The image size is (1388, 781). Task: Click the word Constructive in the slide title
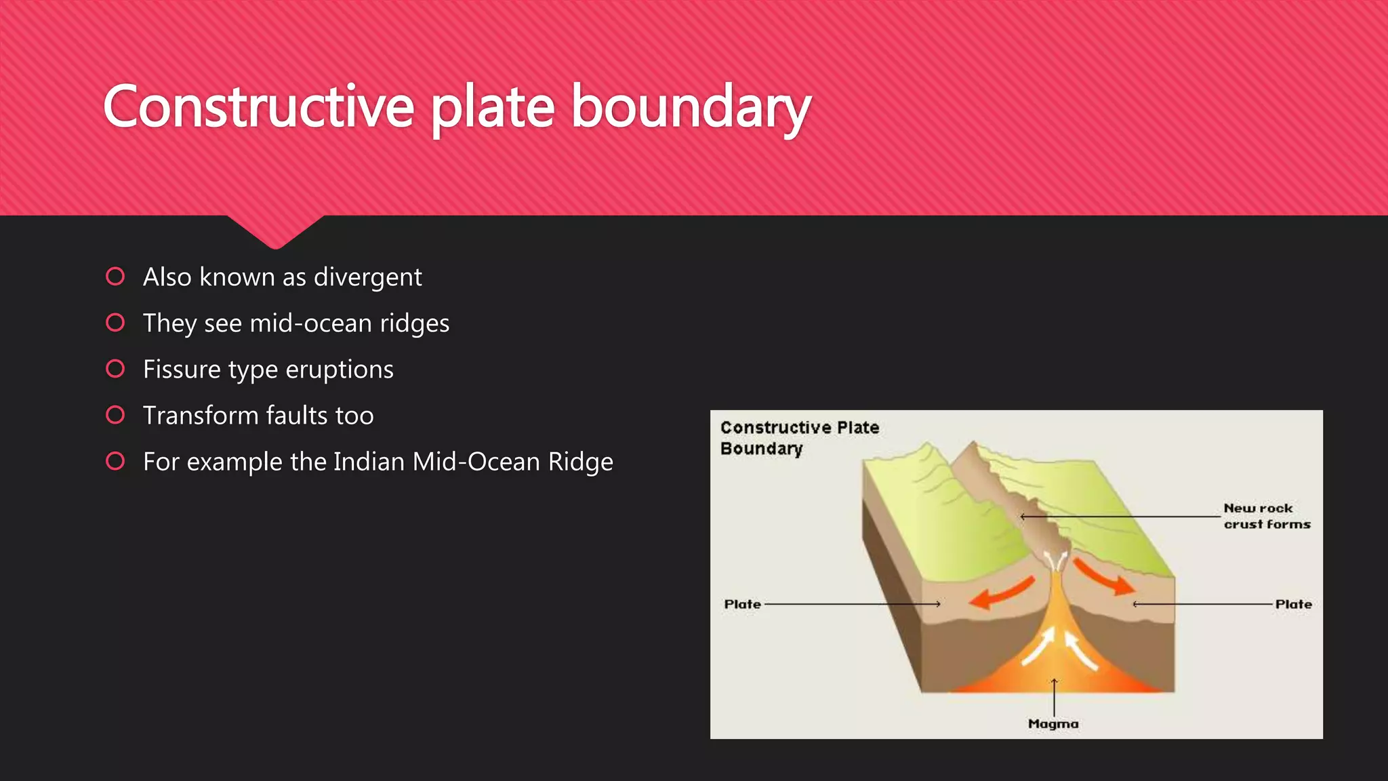258,106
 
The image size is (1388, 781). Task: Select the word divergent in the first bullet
367,277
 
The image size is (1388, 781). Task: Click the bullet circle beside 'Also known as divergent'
115,277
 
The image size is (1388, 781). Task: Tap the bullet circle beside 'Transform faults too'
115,415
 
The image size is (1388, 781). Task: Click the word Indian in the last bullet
369,462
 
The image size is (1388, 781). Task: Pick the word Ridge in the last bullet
580,462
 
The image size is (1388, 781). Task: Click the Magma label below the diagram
1053,724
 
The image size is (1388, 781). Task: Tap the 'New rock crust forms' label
1266,516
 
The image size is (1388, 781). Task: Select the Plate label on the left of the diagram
743,604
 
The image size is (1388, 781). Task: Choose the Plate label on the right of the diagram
1293,604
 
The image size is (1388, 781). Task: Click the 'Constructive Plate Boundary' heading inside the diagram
799,438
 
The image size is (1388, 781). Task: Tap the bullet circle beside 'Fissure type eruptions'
115,369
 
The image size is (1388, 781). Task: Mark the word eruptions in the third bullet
340,369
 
